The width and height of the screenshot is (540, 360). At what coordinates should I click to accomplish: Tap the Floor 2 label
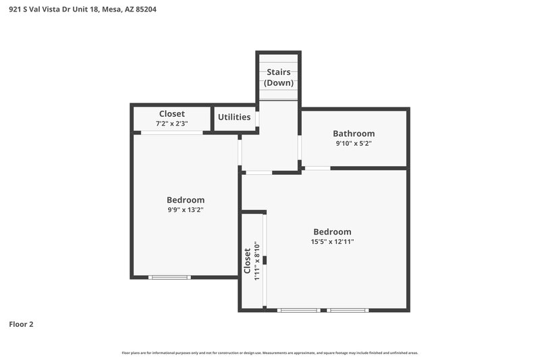(x=21, y=324)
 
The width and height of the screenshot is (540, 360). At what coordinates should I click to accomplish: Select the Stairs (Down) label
(x=279, y=77)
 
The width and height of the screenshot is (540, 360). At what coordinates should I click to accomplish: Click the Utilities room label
(x=234, y=117)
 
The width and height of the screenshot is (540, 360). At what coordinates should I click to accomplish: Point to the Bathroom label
(x=354, y=134)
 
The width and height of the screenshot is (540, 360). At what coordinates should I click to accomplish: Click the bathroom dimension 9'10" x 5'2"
(x=354, y=143)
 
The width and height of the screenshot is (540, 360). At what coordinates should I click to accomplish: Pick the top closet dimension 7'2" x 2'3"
(x=171, y=124)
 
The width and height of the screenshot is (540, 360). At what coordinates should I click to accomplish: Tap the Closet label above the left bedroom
(x=171, y=114)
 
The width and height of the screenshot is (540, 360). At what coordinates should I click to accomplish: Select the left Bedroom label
(x=186, y=200)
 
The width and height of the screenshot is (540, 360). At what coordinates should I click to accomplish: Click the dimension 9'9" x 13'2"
(x=186, y=209)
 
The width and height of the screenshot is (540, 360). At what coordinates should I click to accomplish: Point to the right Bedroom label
(x=332, y=232)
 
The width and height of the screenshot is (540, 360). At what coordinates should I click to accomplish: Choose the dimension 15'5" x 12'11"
(x=332, y=241)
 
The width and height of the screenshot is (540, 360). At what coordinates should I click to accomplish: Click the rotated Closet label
(x=247, y=261)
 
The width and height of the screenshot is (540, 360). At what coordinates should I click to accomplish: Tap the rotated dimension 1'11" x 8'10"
(x=256, y=261)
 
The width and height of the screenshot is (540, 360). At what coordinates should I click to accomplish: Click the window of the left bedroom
(x=169, y=277)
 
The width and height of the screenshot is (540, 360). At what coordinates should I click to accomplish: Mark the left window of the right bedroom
(x=299, y=310)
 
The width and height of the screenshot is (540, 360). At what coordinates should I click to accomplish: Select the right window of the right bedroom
(x=348, y=310)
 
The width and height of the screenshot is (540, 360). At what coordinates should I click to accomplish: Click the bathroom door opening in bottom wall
(x=317, y=168)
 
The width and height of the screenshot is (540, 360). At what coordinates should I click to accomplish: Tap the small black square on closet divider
(x=265, y=260)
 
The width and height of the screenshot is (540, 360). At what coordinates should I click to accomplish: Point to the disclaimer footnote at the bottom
(x=270, y=353)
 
